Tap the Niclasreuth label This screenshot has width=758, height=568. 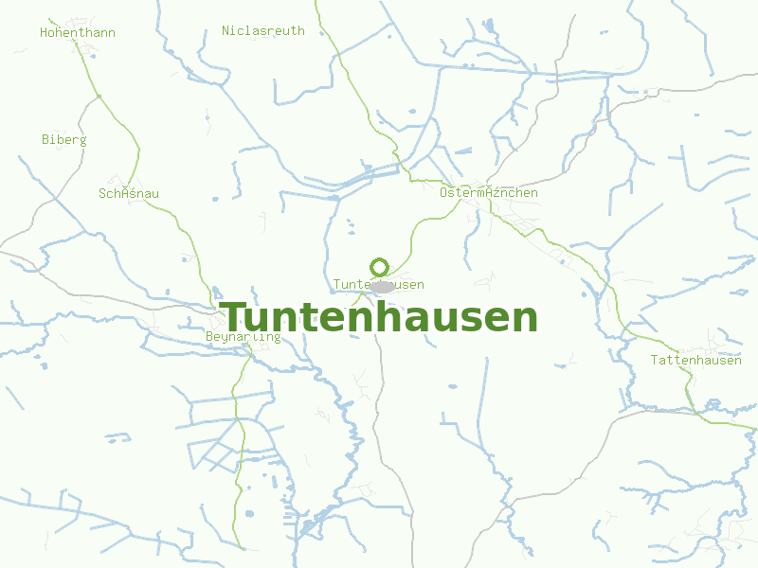(263, 30)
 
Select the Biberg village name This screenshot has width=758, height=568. (64, 140)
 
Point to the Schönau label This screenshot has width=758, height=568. (129, 194)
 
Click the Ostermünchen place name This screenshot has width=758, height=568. (489, 193)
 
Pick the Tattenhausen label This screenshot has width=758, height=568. (696, 361)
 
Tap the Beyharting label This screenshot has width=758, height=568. (244, 337)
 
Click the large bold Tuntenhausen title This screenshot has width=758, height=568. (379, 317)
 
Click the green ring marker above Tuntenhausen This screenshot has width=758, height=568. (380, 267)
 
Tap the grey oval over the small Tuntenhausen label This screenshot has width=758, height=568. (383, 286)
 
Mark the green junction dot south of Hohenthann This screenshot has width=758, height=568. (99, 97)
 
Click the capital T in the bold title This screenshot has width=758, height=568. (233, 317)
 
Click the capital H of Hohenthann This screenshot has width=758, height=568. (44, 33)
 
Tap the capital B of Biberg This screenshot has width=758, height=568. (45, 140)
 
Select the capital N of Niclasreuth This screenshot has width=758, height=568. (226, 30)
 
